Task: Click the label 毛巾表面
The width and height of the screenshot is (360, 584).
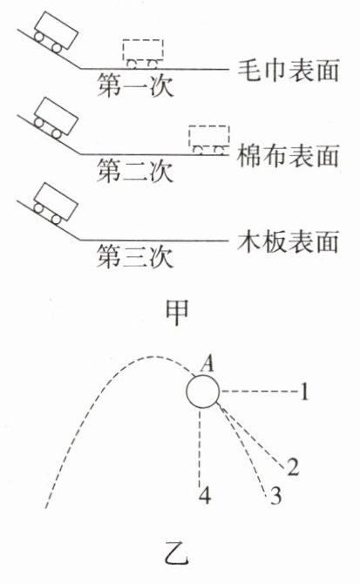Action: pyautogui.click(x=289, y=71)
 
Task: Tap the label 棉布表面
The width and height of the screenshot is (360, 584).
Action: pyautogui.click(x=289, y=156)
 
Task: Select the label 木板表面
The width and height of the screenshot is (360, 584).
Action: pyautogui.click(x=289, y=241)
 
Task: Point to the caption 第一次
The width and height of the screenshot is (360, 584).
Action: pyautogui.click(x=135, y=85)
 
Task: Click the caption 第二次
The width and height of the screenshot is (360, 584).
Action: pyautogui.click(x=135, y=171)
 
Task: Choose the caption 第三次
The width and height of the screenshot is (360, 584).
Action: pyautogui.click(x=135, y=256)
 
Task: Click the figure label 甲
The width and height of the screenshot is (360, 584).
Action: pyautogui.click(x=177, y=312)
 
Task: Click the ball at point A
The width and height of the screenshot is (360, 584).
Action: pyautogui.click(x=203, y=392)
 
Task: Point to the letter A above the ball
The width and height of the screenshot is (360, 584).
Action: pyautogui.click(x=207, y=363)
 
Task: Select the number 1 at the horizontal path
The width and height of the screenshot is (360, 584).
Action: pyautogui.click(x=304, y=392)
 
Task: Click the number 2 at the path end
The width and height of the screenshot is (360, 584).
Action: pyautogui.click(x=293, y=466)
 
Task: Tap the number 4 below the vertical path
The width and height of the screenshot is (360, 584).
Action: pyautogui.click(x=205, y=496)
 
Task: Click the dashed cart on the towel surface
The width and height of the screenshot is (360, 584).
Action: pyautogui.click(x=143, y=54)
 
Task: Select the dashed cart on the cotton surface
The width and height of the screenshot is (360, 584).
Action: pyautogui.click(x=209, y=140)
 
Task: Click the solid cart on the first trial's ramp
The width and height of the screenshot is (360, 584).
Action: pyautogui.click(x=56, y=33)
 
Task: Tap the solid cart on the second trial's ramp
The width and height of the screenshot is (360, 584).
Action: pyautogui.click(x=56, y=119)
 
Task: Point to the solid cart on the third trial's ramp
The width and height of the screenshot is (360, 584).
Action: pyautogui.click(x=56, y=204)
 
